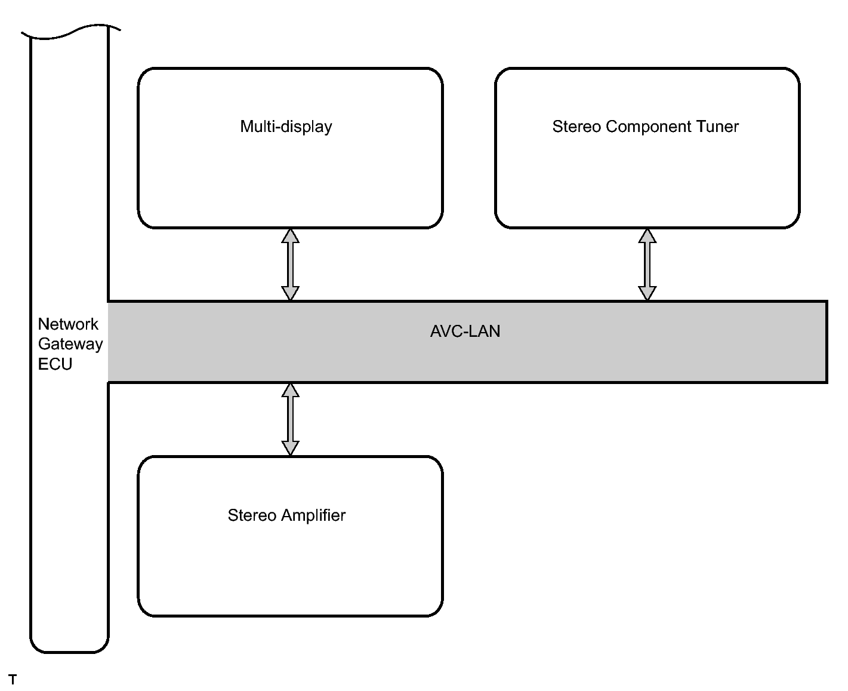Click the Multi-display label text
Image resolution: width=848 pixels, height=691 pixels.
[286, 127]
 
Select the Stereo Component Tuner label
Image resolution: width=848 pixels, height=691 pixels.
[645, 127]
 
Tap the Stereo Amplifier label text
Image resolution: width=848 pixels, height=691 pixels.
[286, 515]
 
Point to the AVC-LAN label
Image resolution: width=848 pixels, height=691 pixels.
[465, 331]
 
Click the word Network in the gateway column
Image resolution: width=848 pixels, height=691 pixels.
[67, 324]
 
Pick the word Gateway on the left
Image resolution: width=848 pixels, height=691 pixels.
[70, 344]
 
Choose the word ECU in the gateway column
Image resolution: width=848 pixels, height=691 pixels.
[55, 364]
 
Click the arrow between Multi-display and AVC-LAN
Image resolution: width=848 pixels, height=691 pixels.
[290, 264]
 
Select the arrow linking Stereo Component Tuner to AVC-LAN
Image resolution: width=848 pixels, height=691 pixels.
[647, 264]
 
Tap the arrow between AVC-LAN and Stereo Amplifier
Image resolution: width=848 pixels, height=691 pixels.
[290, 419]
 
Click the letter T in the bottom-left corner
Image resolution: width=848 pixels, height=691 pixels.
[13, 679]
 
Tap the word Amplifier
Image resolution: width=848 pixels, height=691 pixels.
[313, 515]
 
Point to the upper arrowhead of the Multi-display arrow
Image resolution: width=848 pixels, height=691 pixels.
[290, 235]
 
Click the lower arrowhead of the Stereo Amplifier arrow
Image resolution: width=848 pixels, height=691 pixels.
[290, 449]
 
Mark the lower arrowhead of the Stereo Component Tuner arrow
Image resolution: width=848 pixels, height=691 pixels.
[647, 293]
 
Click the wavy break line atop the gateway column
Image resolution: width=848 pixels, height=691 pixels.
[70, 32]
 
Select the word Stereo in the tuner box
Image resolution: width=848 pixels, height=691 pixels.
[577, 127]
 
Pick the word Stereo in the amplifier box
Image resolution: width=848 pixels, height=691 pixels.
[252, 515]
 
